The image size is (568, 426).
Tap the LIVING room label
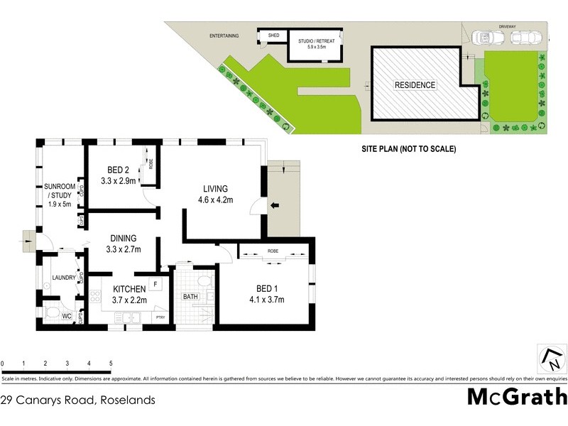(x=215, y=189)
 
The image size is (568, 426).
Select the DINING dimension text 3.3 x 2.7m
(x=124, y=249)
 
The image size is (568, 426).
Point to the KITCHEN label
(x=129, y=288)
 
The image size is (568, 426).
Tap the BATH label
(x=190, y=297)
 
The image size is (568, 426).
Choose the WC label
(x=67, y=316)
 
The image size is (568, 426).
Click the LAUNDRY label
(x=64, y=278)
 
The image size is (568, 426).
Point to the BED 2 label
(x=118, y=170)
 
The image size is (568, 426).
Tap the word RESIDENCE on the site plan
(x=415, y=85)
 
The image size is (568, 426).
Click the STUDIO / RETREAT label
(x=315, y=40)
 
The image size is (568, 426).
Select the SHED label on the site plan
(x=272, y=35)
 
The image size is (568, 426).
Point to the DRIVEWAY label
(x=506, y=26)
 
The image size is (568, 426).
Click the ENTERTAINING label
(x=224, y=35)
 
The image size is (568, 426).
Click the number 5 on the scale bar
(x=111, y=364)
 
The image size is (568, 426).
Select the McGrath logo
(x=516, y=397)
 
